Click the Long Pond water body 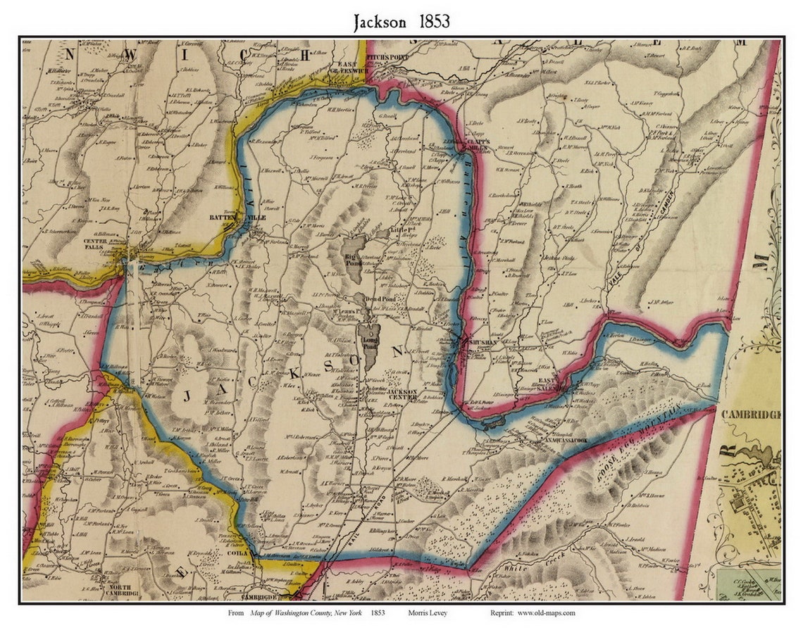pyautogui.click(x=368, y=337)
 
